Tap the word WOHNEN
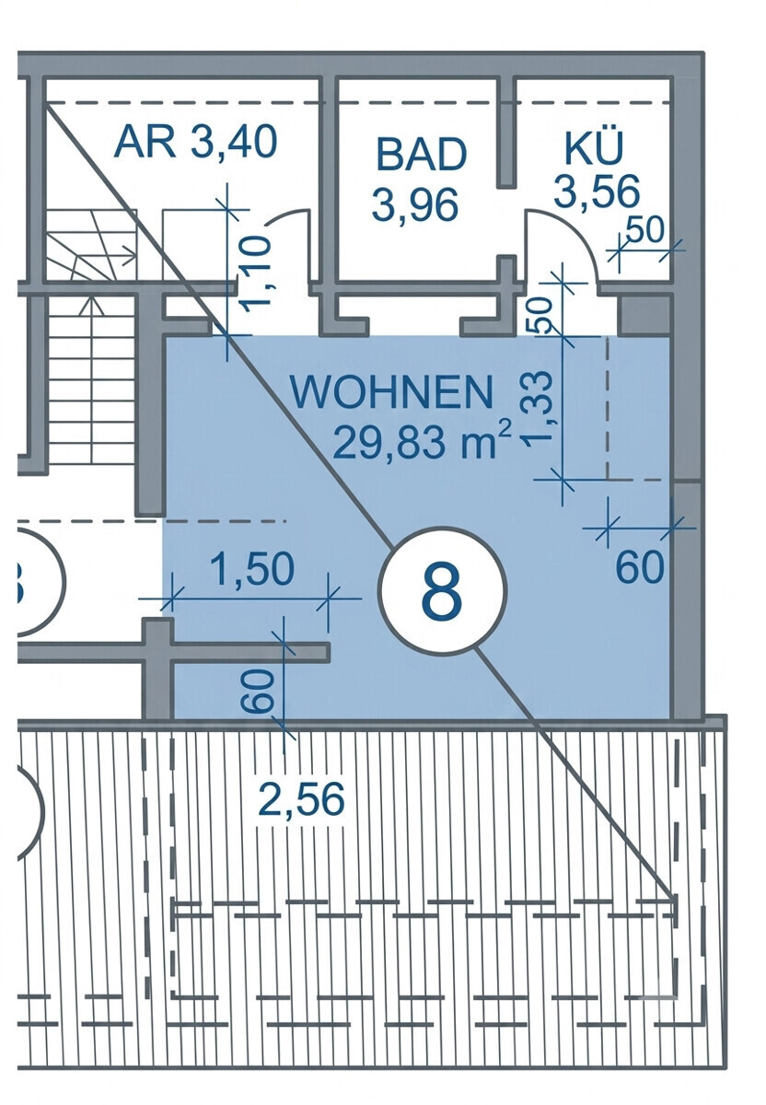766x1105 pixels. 392,392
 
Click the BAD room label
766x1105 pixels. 422,154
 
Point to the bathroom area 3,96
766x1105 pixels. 415,204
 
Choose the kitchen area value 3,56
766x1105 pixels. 597,192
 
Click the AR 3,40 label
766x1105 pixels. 195,141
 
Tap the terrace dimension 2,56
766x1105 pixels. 301,799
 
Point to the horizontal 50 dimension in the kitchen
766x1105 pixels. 645,230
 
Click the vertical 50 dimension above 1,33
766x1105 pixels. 540,316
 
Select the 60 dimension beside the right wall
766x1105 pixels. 639,568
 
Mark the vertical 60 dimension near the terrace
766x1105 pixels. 258,691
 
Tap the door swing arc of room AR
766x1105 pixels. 288,215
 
